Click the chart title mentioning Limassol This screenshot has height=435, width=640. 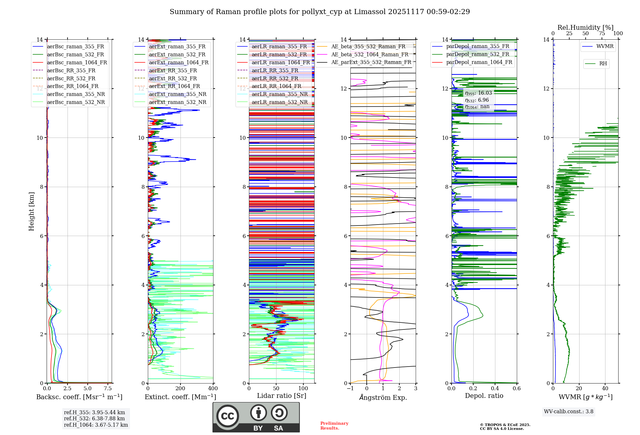point(320,12)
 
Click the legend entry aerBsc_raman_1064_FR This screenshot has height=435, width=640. point(77,62)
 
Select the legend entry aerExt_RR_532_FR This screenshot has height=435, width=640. point(173,78)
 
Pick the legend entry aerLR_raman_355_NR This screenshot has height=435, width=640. point(279,94)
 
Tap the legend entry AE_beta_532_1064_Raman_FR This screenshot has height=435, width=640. point(370,54)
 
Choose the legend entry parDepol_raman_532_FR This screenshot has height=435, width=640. point(477,54)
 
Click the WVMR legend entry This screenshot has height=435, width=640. point(605,46)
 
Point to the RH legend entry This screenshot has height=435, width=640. point(603,64)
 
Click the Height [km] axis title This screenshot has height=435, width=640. point(31,211)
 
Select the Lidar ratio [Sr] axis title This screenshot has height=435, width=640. point(282,396)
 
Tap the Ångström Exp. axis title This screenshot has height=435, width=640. point(383,397)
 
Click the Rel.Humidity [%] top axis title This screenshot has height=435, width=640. point(585,28)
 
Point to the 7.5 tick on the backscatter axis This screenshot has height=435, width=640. point(108,389)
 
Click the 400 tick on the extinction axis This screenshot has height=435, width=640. point(213,389)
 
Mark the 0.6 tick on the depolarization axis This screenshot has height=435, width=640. point(516,389)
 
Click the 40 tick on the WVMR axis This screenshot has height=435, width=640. point(605,389)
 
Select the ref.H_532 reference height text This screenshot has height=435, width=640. point(94,418)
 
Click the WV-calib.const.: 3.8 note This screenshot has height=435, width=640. point(569,412)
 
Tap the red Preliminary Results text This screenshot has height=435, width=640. point(334,426)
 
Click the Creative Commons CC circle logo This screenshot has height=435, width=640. point(228,416)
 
